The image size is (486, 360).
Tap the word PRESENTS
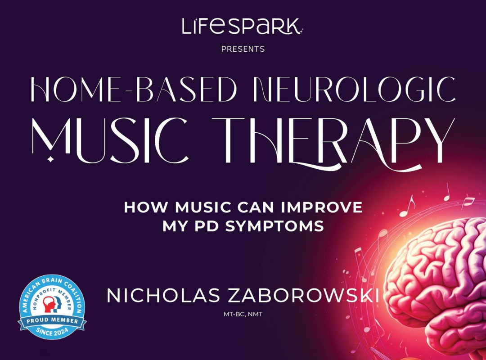(243, 49)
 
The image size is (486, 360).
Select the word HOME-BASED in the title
(134, 89)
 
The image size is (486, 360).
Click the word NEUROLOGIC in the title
(354, 89)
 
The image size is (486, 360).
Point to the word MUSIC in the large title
(110, 140)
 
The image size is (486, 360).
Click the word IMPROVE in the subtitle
(322, 207)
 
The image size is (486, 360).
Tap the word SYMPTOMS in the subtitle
(274, 226)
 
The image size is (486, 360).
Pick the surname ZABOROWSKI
(304, 296)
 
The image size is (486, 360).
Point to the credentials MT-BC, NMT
(243, 314)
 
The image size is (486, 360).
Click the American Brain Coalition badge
(52, 306)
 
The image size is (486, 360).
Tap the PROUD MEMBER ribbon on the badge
(52, 320)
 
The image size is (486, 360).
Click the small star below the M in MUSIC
(50, 159)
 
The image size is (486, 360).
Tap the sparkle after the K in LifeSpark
(301, 30)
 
